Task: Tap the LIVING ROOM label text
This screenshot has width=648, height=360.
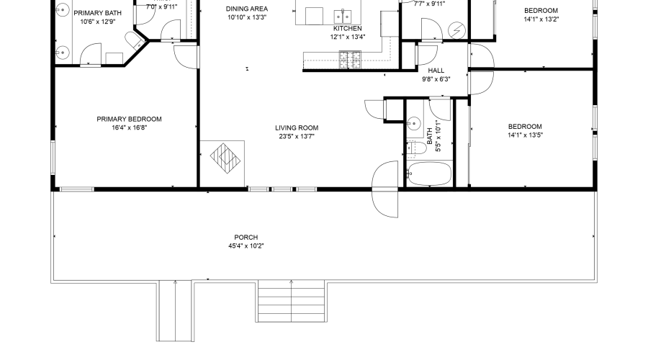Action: [x=296, y=127]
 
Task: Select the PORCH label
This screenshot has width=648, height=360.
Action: [x=246, y=238]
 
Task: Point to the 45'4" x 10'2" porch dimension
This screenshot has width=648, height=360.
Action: [x=246, y=246]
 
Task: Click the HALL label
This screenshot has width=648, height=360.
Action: [x=436, y=71]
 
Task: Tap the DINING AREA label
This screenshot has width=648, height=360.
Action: [x=247, y=9]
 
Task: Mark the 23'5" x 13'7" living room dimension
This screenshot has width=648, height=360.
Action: [x=296, y=136]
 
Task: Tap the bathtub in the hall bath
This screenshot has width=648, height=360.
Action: [x=429, y=174]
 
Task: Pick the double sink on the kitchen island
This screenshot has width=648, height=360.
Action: [x=342, y=15]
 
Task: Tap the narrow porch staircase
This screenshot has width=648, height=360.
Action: [x=174, y=310]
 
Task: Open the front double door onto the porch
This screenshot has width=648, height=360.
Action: [x=385, y=189]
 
